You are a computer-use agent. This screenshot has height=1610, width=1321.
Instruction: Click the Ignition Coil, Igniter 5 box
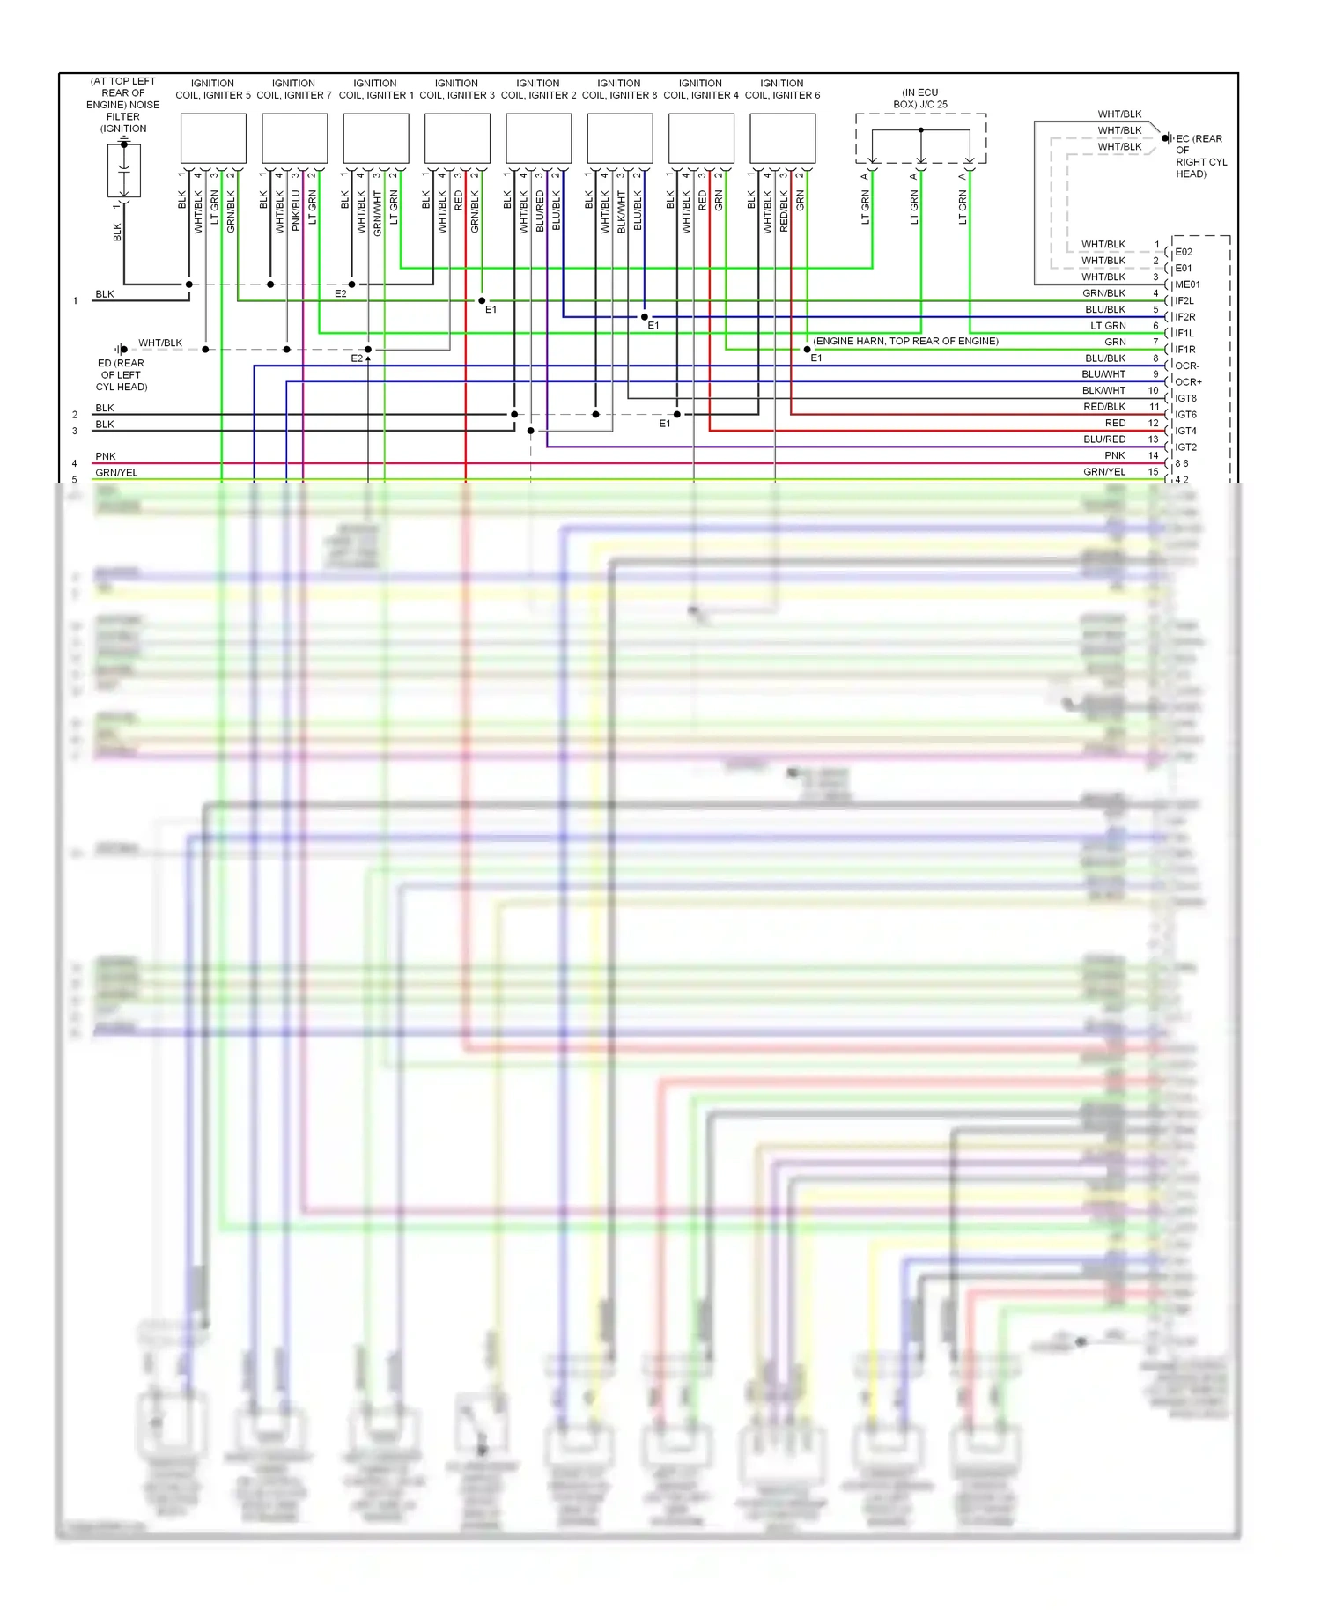pos(213,138)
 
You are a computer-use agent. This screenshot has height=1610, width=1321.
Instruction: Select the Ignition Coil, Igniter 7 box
pos(294,138)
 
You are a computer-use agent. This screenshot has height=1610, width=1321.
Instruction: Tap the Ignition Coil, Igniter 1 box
pos(376,138)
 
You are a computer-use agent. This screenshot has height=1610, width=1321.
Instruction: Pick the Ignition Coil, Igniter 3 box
pos(457,138)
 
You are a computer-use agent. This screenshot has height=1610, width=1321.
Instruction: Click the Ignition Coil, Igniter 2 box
pos(539,138)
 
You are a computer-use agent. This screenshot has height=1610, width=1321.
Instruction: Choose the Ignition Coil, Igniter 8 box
pos(620,138)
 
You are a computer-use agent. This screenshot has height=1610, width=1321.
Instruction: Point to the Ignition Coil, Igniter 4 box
pos(701,138)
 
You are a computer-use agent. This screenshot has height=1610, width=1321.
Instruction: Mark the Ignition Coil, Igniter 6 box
pos(783,138)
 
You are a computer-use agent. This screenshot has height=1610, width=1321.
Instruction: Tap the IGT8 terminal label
pos(1185,398)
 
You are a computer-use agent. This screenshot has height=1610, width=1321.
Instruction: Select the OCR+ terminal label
pos(1187,382)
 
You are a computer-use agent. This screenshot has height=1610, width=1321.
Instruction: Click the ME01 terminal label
pos(1187,284)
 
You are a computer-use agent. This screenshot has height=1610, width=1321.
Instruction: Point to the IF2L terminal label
pos(1184,301)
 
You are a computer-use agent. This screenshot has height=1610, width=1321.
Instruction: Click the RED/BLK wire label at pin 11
pos(1104,407)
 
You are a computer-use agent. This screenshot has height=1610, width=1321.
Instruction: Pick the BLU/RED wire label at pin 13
pos(1104,439)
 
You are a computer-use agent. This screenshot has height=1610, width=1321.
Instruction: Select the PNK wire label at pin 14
pos(1115,455)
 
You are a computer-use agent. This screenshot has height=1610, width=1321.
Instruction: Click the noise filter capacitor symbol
pos(124,166)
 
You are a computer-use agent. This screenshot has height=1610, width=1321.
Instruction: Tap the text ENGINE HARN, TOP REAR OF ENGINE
pos(905,341)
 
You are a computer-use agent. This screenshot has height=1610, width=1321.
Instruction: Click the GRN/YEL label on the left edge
pos(116,473)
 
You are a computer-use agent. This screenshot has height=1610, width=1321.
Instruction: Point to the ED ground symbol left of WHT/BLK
pos(122,350)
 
